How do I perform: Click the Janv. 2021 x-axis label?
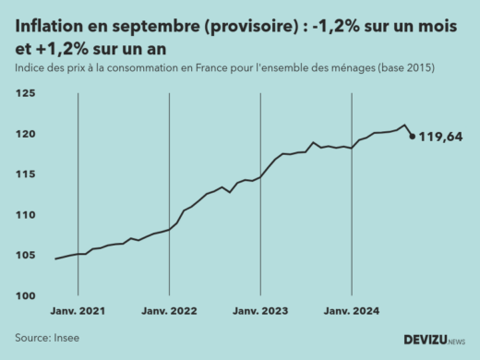click(78, 312)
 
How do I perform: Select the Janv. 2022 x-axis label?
click(169, 312)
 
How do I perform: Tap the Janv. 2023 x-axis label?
click(260, 312)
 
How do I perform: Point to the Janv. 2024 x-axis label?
click(352, 312)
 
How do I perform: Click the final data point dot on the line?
click(412, 137)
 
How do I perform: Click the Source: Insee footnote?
click(47, 338)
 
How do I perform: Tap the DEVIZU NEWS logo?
click(434, 340)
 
